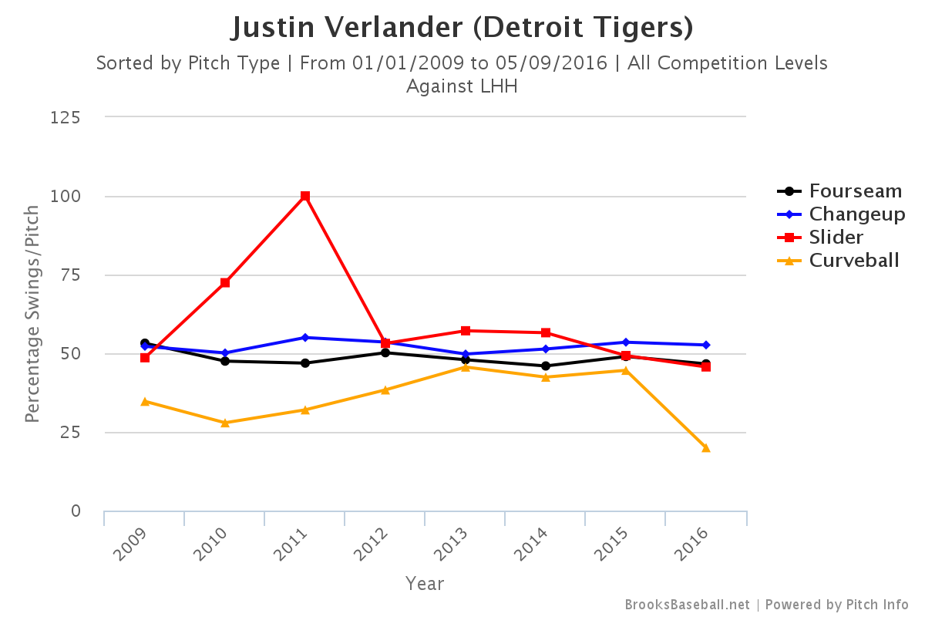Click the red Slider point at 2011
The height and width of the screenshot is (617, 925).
click(305, 196)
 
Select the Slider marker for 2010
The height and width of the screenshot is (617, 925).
click(225, 283)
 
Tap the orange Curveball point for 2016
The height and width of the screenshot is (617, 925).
click(706, 447)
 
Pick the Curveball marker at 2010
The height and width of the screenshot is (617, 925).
click(225, 423)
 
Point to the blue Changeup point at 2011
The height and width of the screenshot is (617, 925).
click(305, 337)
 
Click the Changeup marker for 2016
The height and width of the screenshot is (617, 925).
click(706, 345)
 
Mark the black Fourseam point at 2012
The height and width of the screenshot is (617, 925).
click(385, 352)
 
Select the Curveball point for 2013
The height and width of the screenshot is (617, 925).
click(466, 366)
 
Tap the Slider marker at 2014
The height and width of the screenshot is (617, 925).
click(546, 333)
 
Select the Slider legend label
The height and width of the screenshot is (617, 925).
click(836, 238)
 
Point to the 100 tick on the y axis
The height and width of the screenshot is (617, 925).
click(67, 197)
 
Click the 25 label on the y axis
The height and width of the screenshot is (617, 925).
click(71, 433)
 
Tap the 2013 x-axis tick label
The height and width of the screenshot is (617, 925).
click(455, 545)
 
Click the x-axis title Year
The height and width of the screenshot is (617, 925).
click(425, 584)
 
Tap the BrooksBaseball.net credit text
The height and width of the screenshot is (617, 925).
click(687, 605)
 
